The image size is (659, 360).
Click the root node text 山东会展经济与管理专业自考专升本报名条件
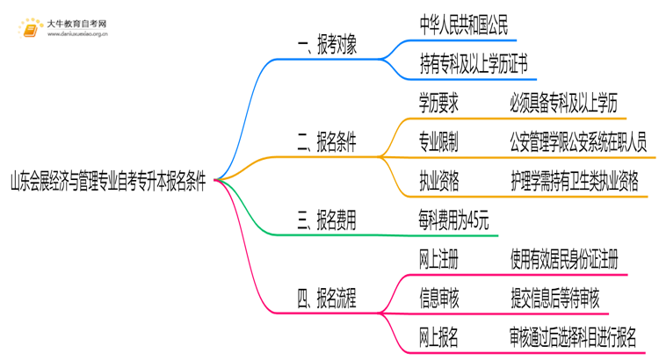pyautogui.click(x=107, y=183)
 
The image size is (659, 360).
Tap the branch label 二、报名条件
pyautogui.click(x=333, y=140)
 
